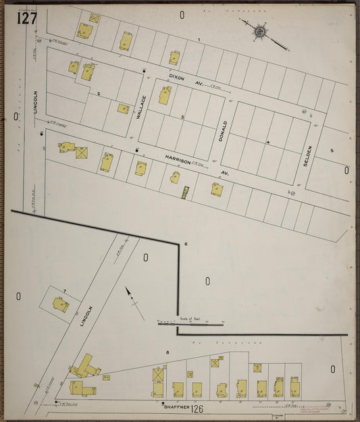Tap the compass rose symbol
260,30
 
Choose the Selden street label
305,156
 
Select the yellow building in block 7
61,306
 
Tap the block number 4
267,142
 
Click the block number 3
182,117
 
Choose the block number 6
185,244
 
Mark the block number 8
167,352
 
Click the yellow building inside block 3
165,95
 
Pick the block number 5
332,150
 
